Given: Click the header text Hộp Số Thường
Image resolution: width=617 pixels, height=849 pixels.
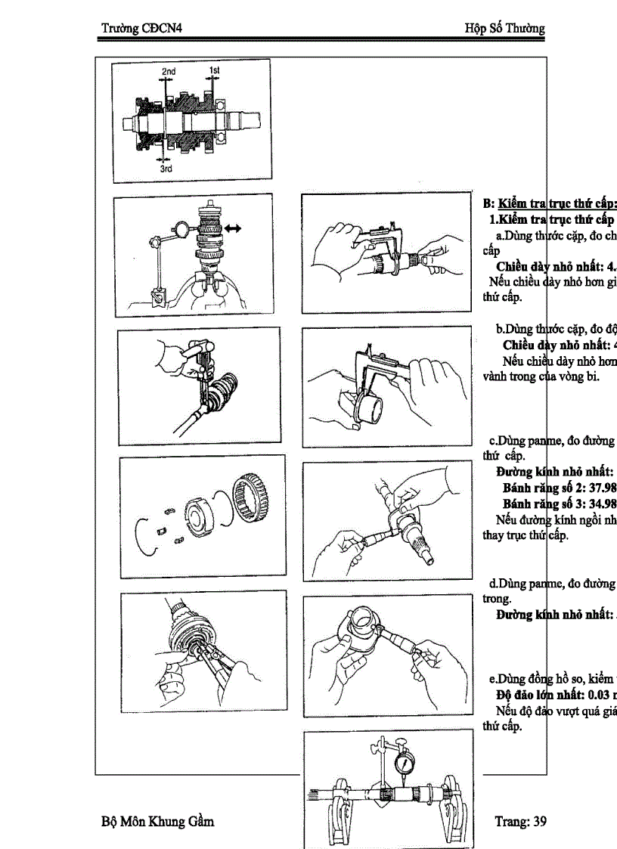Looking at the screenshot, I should pyautogui.click(x=504, y=29).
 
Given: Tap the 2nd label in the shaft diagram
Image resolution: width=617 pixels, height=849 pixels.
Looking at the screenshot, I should pyautogui.click(x=168, y=72).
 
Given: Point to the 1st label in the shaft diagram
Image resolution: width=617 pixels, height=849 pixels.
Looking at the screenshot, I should pyautogui.click(x=214, y=70).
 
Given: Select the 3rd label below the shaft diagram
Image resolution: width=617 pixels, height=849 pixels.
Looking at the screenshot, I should pyautogui.click(x=166, y=169).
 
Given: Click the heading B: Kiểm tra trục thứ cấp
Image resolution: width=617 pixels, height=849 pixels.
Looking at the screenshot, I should pyautogui.click(x=549, y=203).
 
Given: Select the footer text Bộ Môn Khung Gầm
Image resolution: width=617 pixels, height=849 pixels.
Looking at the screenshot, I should pyautogui.click(x=157, y=821).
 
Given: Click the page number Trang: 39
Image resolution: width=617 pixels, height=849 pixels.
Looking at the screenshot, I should pyautogui.click(x=520, y=821).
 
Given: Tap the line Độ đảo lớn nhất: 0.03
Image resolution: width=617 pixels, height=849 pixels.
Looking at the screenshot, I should pyautogui.click(x=556, y=694).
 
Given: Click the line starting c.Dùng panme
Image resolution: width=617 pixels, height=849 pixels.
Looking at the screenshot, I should pyautogui.click(x=550, y=441).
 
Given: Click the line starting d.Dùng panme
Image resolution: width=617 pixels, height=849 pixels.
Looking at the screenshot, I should pyautogui.click(x=550, y=582).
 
